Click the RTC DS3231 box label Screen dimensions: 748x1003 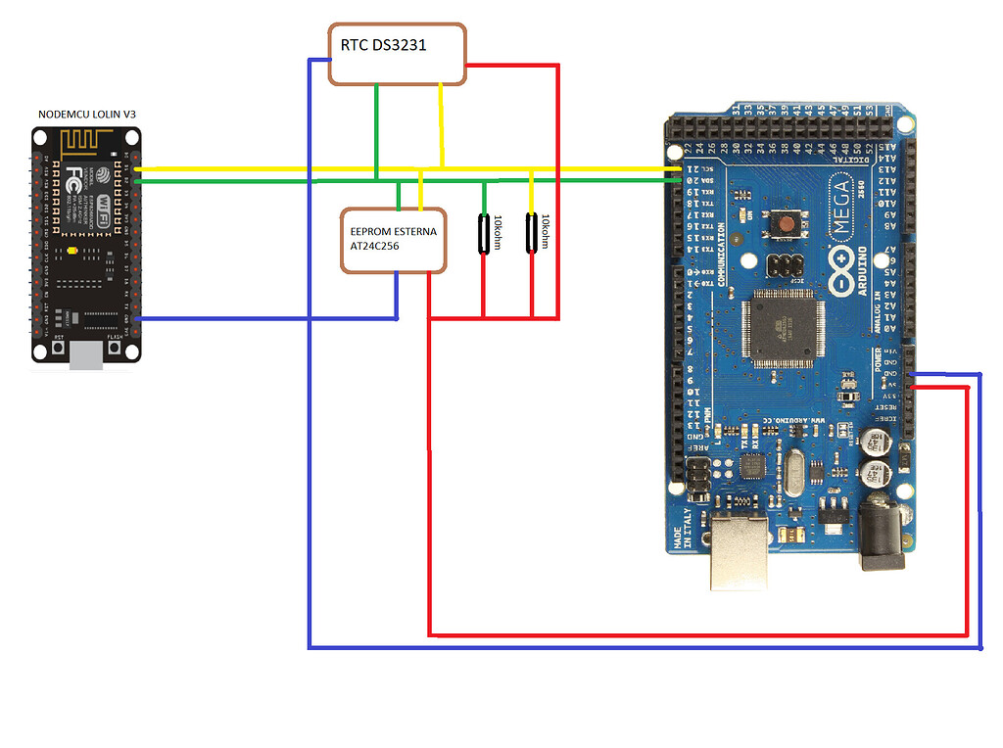pyautogui.click(x=383, y=45)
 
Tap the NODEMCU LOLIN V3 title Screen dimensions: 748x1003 pyautogui.click(x=87, y=115)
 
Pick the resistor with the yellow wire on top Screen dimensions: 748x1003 pyautogui.click(x=532, y=233)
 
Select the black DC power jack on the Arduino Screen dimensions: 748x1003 pyautogui.click(x=885, y=543)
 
